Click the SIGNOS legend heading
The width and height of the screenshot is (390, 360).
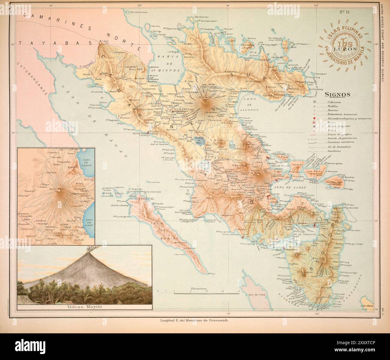[x=338, y=94]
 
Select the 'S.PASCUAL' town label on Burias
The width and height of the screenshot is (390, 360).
[x=146, y=198]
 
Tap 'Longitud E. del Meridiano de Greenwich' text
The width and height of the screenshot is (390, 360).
[x=194, y=320]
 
